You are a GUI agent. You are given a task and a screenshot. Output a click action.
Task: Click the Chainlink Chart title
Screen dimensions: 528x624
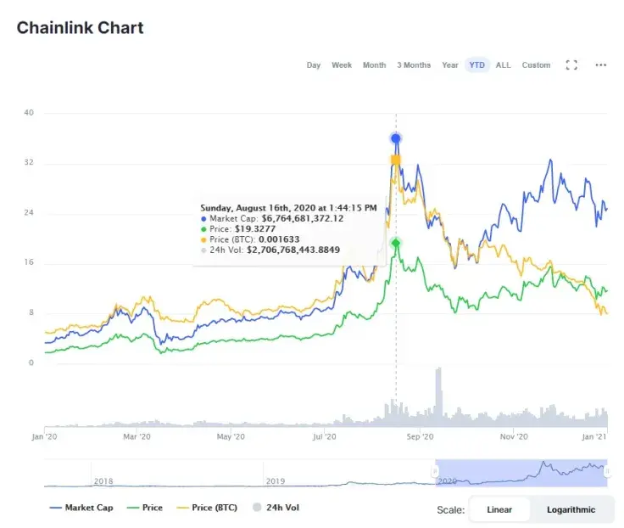(80, 27)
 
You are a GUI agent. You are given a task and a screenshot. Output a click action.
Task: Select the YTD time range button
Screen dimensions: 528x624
(477, 65)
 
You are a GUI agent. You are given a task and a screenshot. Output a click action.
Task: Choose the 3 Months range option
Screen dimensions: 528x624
(414, 65)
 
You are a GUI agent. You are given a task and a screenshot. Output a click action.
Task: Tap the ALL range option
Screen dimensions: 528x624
(504, 65)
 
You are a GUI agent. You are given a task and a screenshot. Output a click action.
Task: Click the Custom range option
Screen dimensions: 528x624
(536, 65)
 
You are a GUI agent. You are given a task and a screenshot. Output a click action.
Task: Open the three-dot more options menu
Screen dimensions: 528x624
(601, 65)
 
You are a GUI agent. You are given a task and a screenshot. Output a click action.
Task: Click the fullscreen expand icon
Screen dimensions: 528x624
(571, 65)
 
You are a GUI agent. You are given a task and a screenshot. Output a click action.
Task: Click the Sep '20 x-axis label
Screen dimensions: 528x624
(421, 437)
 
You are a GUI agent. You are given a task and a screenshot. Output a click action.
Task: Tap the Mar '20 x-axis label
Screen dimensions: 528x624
(136, 437)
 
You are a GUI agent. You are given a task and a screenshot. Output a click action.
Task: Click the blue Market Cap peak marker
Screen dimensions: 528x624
(396, 138)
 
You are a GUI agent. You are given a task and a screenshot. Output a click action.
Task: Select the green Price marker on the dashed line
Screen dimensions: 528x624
(396, 244)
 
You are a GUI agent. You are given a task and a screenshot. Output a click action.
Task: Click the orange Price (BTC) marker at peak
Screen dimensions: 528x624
(396, 160)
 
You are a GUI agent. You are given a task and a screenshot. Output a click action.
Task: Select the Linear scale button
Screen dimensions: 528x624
(500, 509)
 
